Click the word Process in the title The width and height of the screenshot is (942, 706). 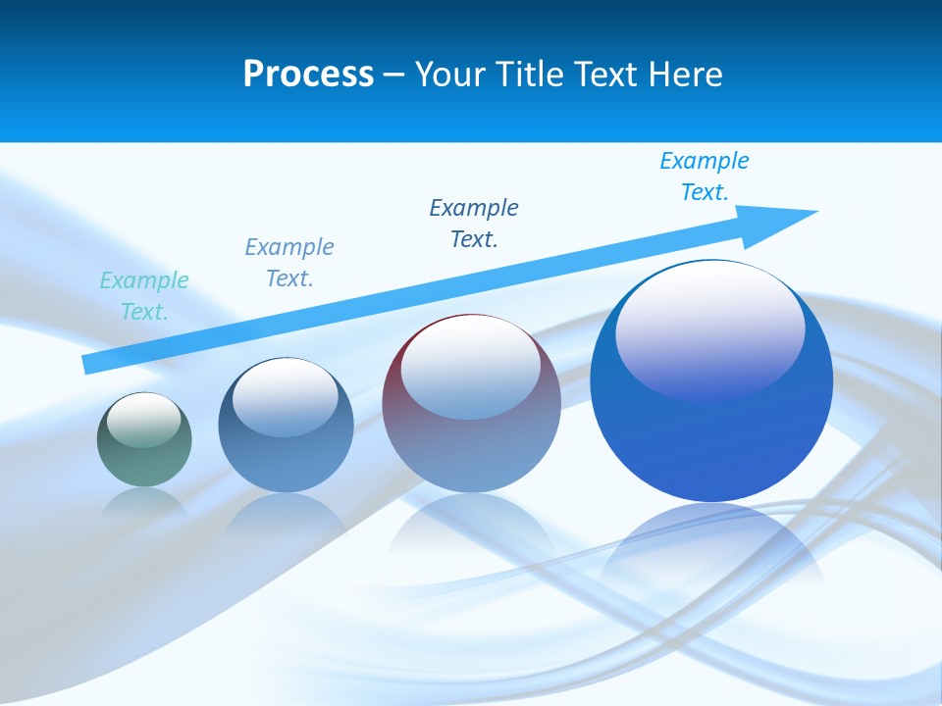coord(308,75)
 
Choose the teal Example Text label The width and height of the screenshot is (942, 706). coord(144,296)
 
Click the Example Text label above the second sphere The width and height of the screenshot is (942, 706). coord(289,263)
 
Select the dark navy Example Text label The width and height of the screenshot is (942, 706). coord(474,224)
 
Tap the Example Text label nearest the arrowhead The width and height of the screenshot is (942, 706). coord(705,176)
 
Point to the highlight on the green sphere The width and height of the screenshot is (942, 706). coord(143,420)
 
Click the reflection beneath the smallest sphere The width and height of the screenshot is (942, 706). coord(144,502)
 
